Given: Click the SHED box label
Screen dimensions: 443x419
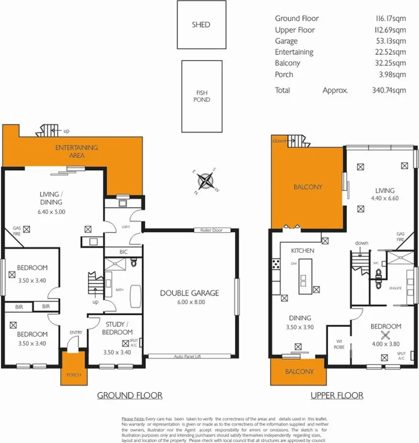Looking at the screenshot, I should [x=201, y=25].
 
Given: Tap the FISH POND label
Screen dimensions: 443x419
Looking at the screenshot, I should [x=201, y=96].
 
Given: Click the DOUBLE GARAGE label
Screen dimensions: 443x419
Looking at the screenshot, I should [x=189, y=293].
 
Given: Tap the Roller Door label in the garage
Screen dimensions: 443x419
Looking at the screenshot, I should [x=212, y=230].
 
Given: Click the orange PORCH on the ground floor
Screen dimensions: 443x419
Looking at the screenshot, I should [x=72, y=375].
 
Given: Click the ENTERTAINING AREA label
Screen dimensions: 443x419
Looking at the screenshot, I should [x=77, y=152].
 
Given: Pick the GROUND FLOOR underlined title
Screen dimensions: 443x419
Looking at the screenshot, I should [x=129, y=396].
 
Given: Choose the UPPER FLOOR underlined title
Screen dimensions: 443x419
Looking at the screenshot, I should [x=336, y=396].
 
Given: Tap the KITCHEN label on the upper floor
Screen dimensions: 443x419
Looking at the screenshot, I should [x=302, y=250].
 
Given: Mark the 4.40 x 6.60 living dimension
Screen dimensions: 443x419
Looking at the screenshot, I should [x=384, y=198].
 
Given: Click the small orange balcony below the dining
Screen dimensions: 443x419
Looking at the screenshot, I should [x=299, y=371].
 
